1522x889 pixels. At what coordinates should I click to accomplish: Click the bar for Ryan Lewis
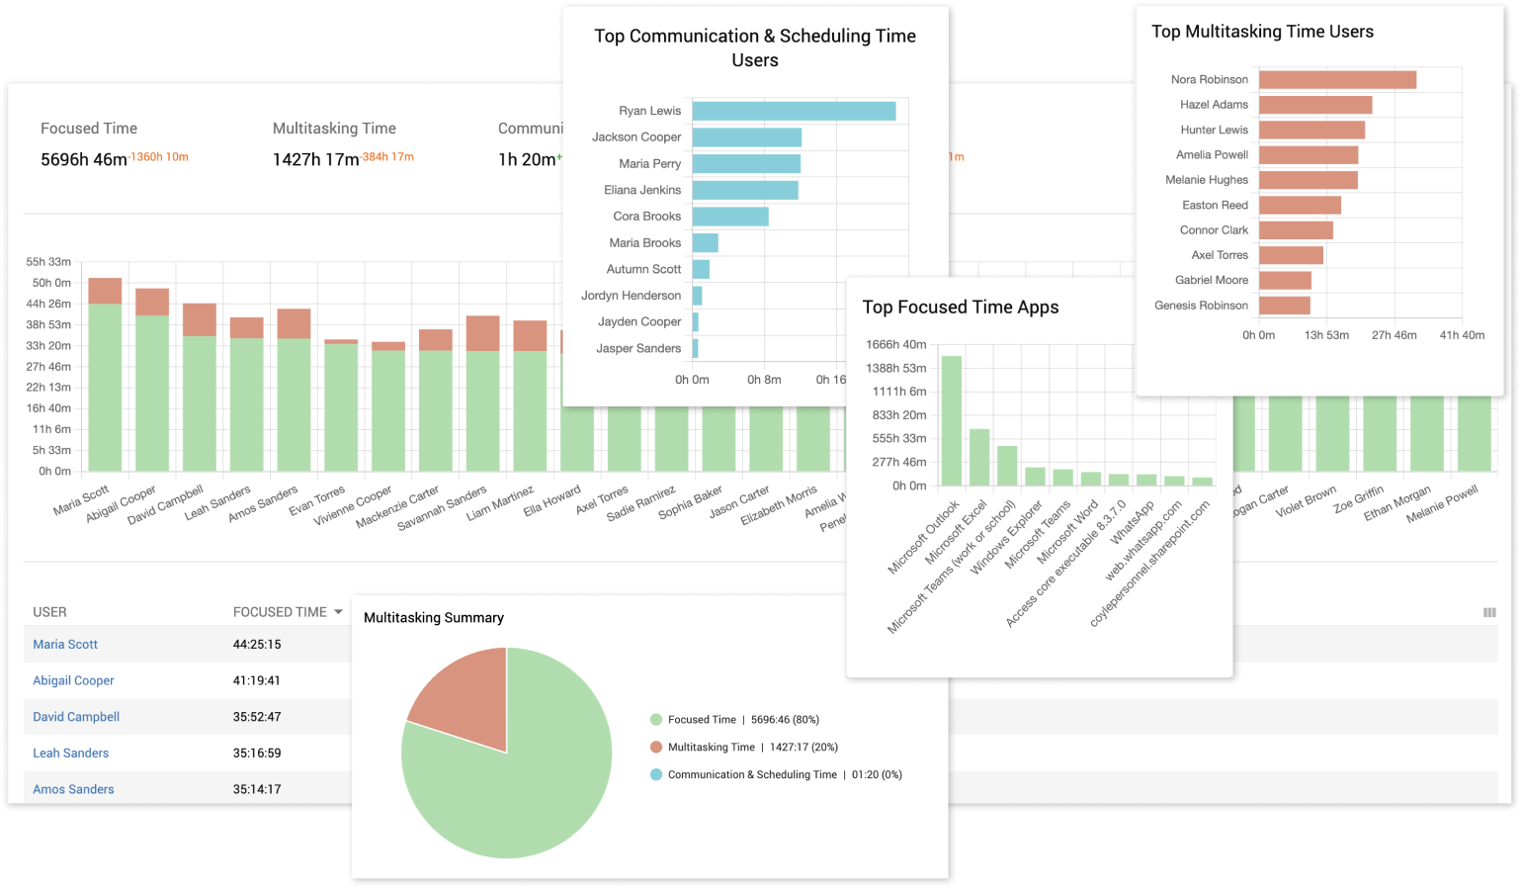coord(794,111)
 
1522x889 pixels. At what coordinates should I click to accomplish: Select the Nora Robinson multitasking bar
coord(1337,79)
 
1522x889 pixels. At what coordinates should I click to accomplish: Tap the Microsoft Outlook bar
coord(952,419)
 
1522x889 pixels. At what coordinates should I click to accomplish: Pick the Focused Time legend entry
coord(702,720)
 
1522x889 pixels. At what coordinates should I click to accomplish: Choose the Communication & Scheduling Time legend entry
coord(751,775)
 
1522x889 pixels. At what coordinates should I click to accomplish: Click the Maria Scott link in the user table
coord(65,645)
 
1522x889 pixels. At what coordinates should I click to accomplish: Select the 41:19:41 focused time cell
coord(257,680)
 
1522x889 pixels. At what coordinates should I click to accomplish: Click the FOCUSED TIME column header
coord(280,612)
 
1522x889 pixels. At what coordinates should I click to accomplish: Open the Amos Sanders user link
coord(73,789)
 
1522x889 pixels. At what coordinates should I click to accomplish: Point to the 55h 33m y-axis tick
coord(48,262)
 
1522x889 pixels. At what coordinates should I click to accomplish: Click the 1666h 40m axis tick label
coord(895,345)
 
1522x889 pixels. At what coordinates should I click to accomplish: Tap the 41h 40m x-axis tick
coord(1462,335)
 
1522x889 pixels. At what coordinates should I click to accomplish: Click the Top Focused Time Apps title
coord(960,308)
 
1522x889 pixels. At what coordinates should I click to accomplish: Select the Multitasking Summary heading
coord(434,618)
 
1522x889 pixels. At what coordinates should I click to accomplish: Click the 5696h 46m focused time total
coord(84,159)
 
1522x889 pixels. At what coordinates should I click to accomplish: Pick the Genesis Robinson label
coord(1201,306)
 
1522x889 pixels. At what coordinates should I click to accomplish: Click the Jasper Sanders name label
coord(638,348)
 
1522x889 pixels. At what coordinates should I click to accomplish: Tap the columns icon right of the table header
coord(1489,613)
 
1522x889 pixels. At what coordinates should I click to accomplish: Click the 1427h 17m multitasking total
coord(316,159)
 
